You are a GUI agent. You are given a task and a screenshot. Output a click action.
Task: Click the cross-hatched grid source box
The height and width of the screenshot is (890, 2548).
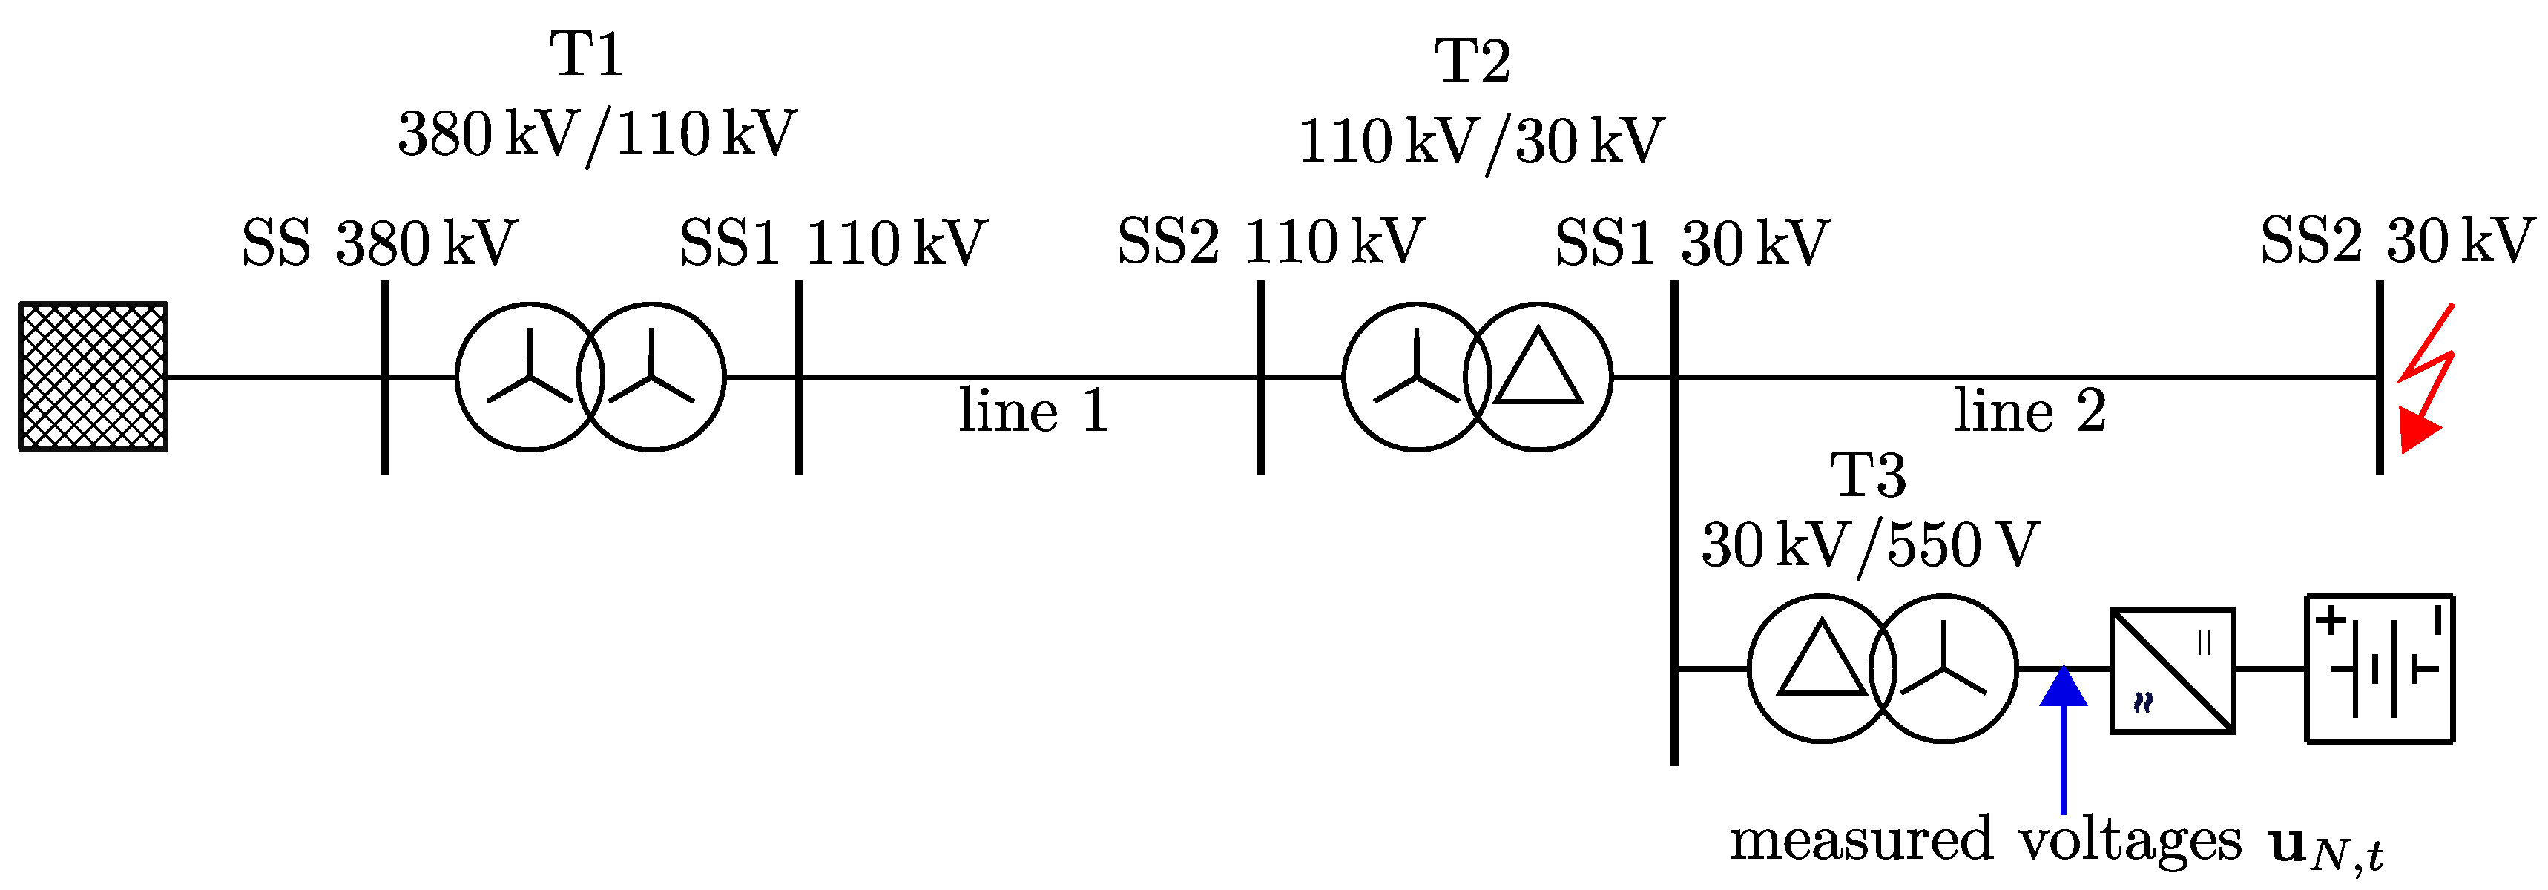click(93, 377)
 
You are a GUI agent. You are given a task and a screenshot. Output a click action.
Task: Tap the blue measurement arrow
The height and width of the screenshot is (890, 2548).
click(2064, 736)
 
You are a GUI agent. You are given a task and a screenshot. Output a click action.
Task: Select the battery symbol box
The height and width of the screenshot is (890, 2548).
click(2379, 668)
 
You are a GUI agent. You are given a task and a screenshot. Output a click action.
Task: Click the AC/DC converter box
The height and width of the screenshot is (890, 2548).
click(2173, 671)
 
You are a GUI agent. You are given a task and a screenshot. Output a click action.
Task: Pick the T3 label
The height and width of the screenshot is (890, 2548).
click(1868, 475)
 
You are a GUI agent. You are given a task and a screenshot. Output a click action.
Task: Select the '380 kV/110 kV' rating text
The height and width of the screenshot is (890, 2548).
click(596, 134)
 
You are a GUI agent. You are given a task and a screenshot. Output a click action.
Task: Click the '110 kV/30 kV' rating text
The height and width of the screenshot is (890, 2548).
click(1481, 142)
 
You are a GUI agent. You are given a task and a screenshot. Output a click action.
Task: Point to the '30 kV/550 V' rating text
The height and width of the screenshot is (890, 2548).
click(1869, 545)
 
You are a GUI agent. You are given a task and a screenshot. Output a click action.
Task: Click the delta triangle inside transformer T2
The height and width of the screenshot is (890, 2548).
click(1538, 370)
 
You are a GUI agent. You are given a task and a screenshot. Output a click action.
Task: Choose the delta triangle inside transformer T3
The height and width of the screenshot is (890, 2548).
click(1821, 662)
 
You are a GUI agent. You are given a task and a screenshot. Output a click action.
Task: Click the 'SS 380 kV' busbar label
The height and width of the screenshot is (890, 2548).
click(379, 243)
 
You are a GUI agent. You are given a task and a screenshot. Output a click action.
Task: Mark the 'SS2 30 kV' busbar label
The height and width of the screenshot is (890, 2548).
click(2397, 240)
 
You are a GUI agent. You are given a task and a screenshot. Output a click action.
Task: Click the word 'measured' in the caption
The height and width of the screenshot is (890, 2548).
click(1860, 840)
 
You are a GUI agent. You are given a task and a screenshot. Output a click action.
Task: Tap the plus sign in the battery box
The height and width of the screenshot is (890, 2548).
click(2331, 620)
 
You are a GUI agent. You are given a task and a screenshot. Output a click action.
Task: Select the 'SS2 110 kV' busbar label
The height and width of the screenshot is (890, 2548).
click(1270, 243)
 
